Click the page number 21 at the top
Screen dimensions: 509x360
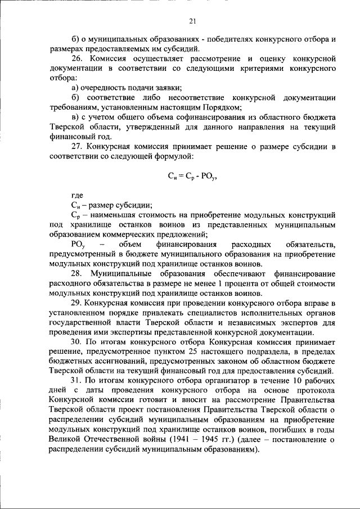click(x=192, y=21)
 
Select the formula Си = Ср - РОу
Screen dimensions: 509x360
click(x=192, y=175)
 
